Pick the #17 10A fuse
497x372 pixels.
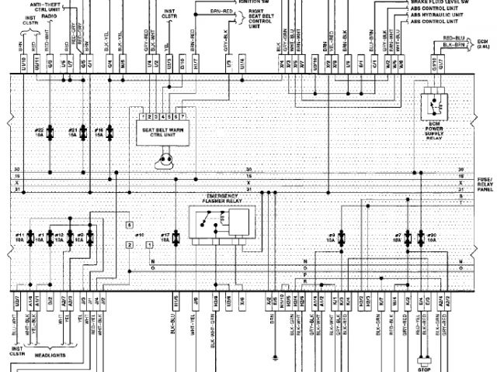click(x=177, y=239)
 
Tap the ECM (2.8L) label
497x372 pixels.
click(x=482, y=43)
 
